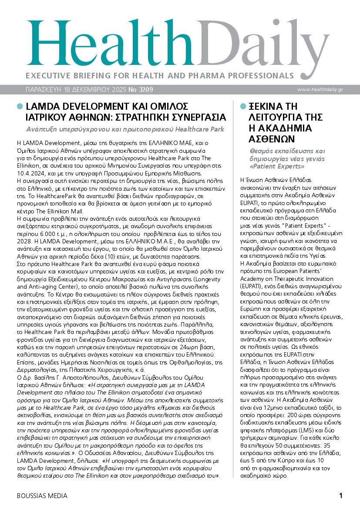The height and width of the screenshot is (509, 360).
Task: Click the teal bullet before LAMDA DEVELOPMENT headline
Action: coord(20,106)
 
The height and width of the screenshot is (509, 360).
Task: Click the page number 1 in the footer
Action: coord(341,496)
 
